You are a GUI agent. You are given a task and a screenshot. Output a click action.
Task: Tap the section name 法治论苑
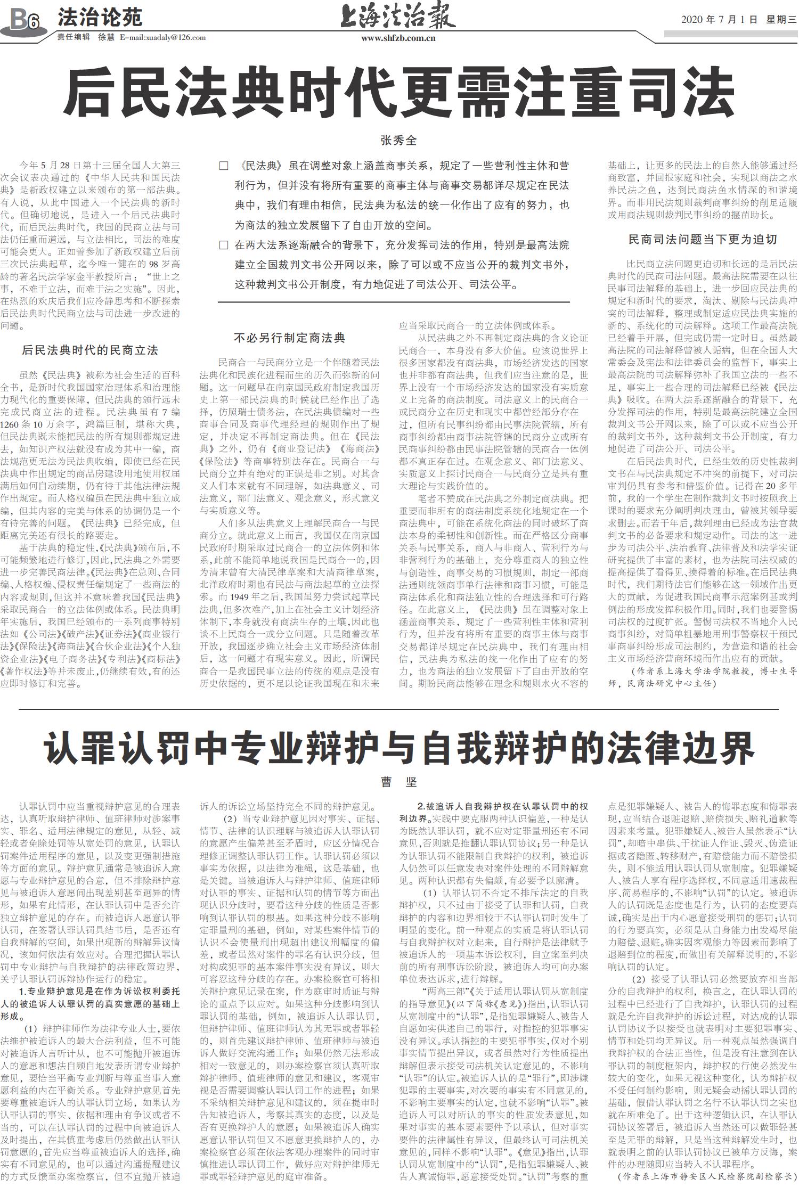[x=100, y=18]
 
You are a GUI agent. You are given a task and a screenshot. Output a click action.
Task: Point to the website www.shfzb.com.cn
[x=398, y=38]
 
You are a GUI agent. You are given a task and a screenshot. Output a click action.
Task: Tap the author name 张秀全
[x=398, y=140]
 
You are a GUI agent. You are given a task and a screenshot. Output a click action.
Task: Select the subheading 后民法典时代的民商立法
[x=90, y=350]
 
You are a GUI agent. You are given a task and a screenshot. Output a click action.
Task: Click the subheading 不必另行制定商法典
[x=290, y=338]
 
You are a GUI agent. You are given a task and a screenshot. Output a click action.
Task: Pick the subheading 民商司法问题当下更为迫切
[x=703, y=239]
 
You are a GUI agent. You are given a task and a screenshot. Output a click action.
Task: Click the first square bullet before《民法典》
[x=224, y=166]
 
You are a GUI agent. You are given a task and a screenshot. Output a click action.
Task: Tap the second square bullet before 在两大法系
[x=224, y=245]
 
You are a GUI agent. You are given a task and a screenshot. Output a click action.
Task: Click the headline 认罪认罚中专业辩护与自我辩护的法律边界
[x=399, y=748]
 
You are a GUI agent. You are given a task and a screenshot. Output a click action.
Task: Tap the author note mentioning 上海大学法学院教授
[x=703, y=676]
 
